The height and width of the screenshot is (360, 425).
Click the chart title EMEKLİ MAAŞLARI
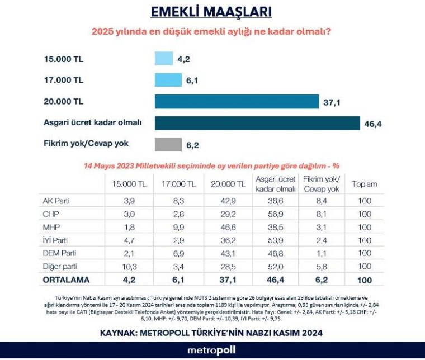(x=212, y=12)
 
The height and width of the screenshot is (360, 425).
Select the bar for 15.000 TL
(x=164, y=59)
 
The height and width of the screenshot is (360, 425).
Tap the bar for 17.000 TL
(x=167, y=80)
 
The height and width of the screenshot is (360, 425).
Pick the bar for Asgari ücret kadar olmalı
(x=257, y=123)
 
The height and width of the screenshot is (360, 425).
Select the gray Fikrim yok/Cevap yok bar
(x=168, y=145)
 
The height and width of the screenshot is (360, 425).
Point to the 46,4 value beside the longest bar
(x=372, y=124)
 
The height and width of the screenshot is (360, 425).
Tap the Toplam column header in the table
(x=364, y=184)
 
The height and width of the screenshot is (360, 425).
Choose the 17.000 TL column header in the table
(x=178, y=184)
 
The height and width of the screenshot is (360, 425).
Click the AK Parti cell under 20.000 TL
(x=227, y=201)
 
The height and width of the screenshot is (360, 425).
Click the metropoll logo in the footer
(x=212, y=350)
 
